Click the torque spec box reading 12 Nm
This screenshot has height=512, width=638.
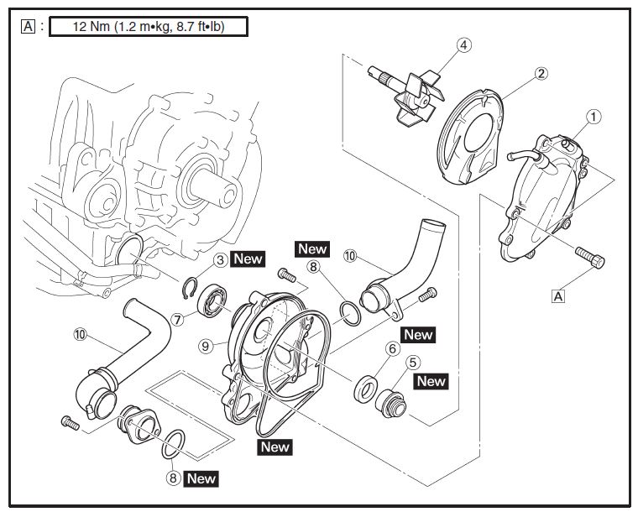[149, 27]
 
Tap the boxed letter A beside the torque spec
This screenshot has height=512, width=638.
[29, 27]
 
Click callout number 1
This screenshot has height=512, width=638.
[594, 118]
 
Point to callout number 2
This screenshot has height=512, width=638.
[541, 74]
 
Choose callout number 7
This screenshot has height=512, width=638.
[177, 319]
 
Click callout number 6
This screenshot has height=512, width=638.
[391, 347]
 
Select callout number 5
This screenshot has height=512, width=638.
[412, 363]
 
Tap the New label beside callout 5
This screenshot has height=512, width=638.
[431, 381]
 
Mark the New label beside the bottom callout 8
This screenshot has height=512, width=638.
[201, 478]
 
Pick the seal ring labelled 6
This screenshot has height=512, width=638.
[365, 389]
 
